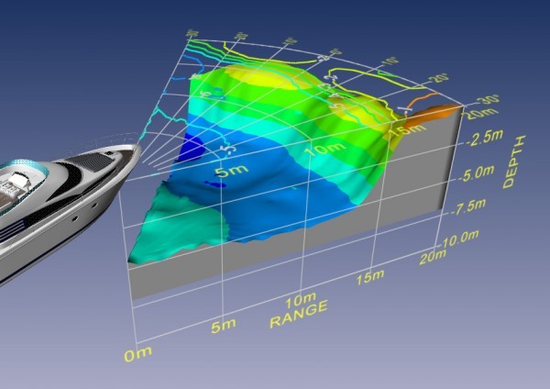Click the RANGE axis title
coord(298,322)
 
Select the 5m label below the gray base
coord(222,326)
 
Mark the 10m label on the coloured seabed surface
coord(320,147)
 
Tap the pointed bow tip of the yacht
coord(138,144)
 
